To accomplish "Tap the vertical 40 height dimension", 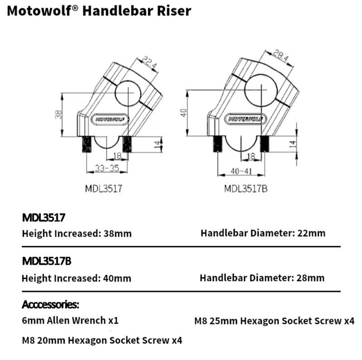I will [183, 112].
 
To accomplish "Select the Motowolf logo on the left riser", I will [110, 119].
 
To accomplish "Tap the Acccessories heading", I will [51, 303].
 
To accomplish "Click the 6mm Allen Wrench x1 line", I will [70, 321].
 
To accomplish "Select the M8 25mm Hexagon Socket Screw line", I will [274, 321].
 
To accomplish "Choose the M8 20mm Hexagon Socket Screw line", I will [102, 340].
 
